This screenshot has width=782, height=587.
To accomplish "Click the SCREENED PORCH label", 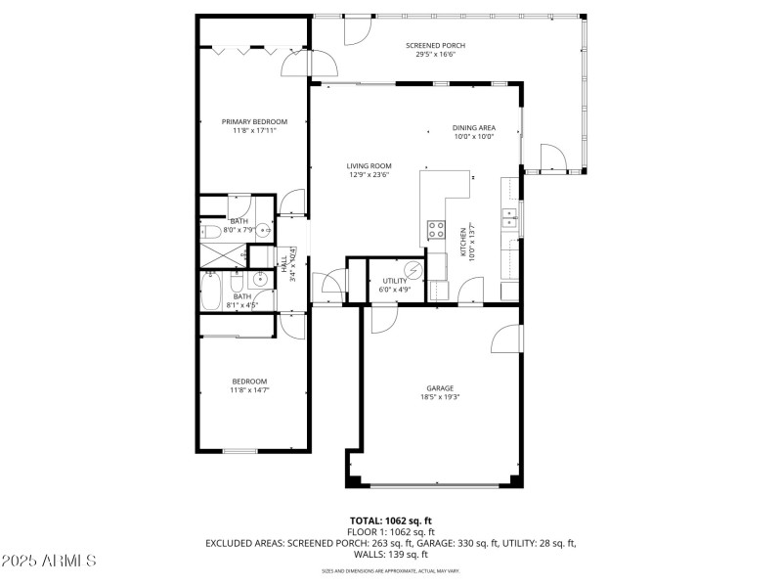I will pyautogui.click(x=435, y=46).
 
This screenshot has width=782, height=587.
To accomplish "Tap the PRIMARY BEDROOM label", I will pyautogui.click(x=254, y=121).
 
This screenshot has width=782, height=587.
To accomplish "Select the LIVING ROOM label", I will pyautogui.click(x=369, y=165).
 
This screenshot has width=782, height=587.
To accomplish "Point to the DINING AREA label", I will pyautogui.click(x=473, y=128).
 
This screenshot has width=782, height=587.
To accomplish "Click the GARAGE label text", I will pyautogui.click(x=440, y=388).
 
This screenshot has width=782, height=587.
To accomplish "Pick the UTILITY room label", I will pyautogui.click(x=394, y=281).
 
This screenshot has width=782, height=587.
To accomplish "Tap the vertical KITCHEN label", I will pyautogui.click(x=466, y=244).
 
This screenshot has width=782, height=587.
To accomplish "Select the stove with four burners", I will pyautogui.click(x=435, y=233).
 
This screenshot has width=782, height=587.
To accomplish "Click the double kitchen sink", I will pyautogui.click(x=510, y=217).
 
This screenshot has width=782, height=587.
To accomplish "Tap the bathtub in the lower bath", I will pyautogui.click(x=211, y=291).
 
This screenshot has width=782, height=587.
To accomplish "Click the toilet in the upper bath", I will pyautogui.click(x=212, y=233).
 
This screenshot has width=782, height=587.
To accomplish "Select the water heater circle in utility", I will pyautogui.click(x=413, y=269).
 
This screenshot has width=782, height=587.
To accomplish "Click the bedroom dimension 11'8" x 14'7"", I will pyautogui.click(x=249, y=390).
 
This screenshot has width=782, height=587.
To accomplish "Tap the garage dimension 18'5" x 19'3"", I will pyautogui.click(x=440, y=397).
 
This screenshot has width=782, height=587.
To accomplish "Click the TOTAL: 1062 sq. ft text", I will pyautogui.click(x=390, y=520).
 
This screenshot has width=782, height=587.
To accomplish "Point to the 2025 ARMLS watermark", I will pyautogui.click(x=49, y=562).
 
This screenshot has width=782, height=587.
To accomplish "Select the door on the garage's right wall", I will pyautogui.click(x=506, y=339).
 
